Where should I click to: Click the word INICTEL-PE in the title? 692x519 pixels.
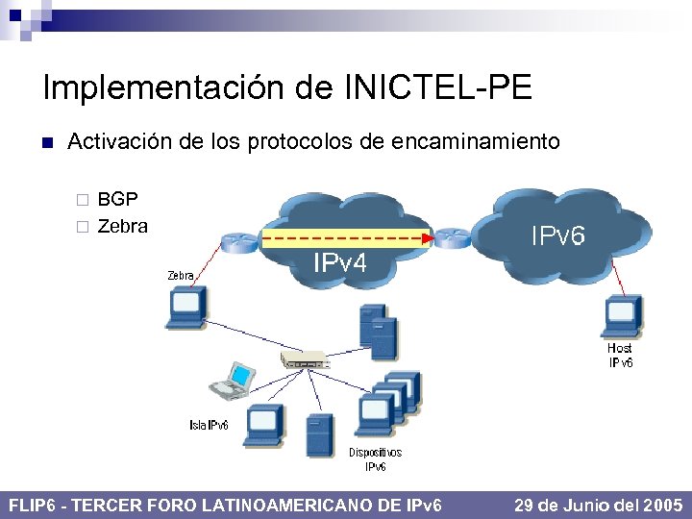(437, 88)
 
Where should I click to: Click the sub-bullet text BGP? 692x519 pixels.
(117, 200)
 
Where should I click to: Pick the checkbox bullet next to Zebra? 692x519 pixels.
(83, 228)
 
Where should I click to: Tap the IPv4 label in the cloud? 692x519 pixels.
(340, 262)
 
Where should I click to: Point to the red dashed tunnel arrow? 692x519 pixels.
(346, 236)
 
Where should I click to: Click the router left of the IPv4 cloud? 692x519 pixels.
(234, 242)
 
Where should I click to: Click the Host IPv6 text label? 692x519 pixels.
(620, 355)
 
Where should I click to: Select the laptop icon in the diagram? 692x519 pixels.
(234, 380)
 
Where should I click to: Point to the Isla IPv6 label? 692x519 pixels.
(209, 425)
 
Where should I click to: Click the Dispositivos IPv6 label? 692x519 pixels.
(375, 459)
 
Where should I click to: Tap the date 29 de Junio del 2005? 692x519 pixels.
(599, 505)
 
